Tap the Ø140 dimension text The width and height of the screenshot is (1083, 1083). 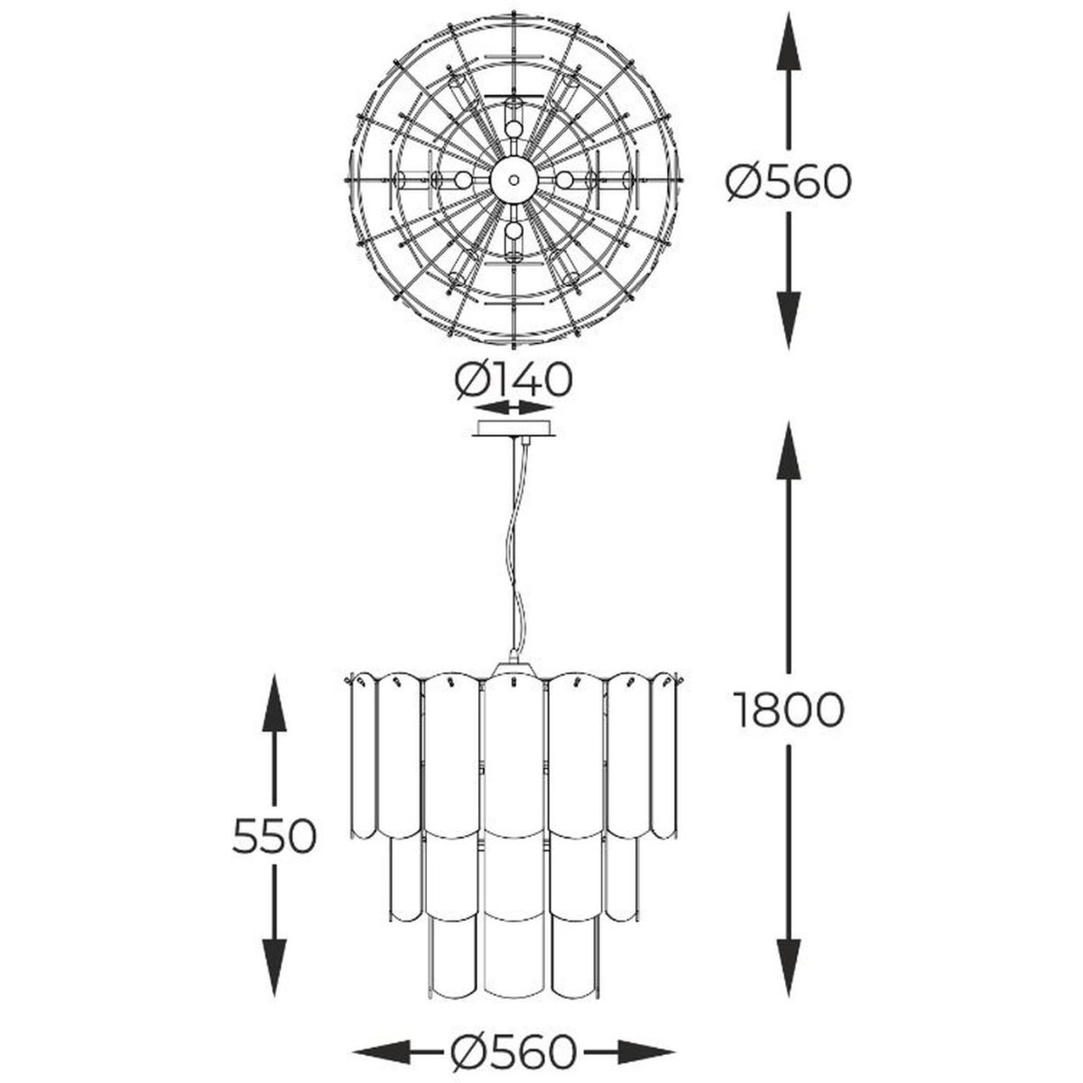point(514,379)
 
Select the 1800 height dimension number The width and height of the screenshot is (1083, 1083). point(789,709)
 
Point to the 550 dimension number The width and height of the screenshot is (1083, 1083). point(275,836)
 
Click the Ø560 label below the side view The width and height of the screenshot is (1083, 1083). point(514,1004)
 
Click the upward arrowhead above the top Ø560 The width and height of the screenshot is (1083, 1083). point(789,41)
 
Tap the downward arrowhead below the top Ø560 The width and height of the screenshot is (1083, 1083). point(789,319)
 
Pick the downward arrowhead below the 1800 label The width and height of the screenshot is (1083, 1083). point(789,953)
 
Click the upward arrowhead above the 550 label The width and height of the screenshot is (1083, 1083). point(274,704)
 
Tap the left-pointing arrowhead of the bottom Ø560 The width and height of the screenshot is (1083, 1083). point(382,1004)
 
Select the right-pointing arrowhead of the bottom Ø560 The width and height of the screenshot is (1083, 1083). point(646,1004)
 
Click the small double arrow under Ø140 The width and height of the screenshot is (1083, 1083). point(514,406)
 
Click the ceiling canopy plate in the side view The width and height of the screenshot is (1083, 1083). point(514,430)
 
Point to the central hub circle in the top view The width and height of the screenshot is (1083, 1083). point(514,180)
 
